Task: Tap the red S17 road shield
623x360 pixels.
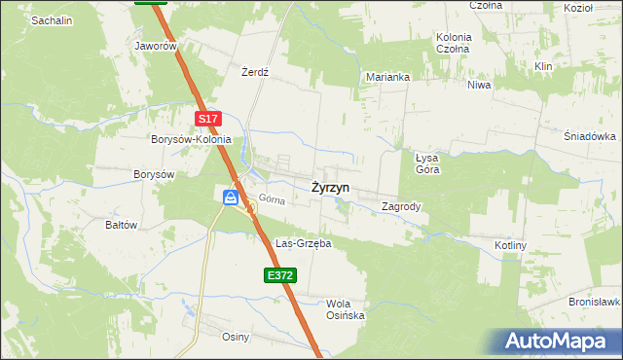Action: (x=207, y=119)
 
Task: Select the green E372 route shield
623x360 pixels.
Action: (x=279, y=276)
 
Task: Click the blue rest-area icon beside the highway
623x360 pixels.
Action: (x=231, y=198)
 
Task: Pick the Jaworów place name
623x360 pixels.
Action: (x=156, y=46)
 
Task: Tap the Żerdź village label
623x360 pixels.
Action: (x=254, y=73)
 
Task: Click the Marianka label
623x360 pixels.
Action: (x=387, y=76)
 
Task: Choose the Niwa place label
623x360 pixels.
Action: (x=478, y=85)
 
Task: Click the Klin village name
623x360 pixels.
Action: (x=543, y=65)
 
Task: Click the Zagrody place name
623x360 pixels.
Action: (x=401, y=206)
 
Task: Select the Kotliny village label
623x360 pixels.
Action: (x=510, y=245)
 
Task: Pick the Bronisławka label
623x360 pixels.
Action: (x=595, y=302)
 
